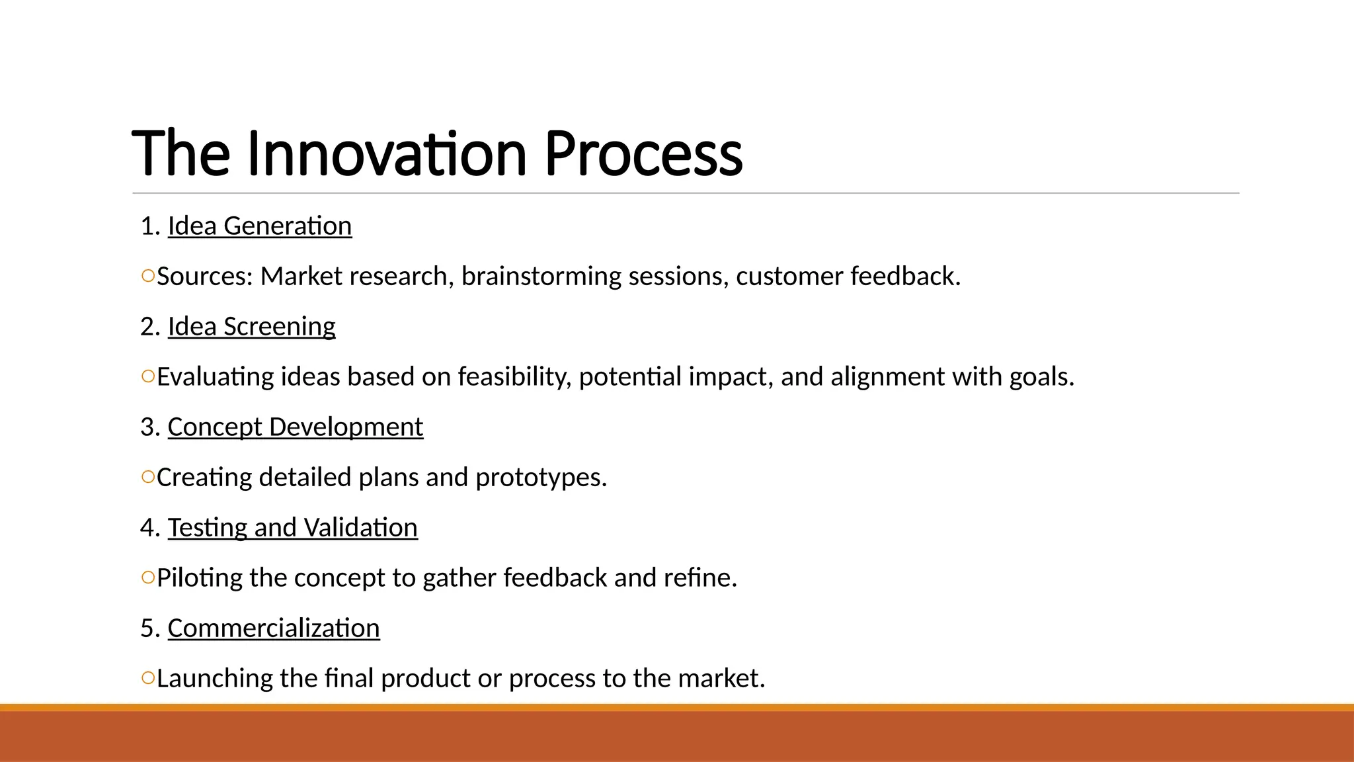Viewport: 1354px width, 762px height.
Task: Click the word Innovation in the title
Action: (x=387, y=154)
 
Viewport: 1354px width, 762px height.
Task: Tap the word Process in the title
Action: (x=643, y=154)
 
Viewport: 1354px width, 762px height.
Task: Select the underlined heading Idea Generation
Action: (x=259, y=226)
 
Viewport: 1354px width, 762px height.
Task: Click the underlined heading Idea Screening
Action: (x=251, y=327)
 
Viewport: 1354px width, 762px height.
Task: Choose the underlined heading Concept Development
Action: (x=295, y=427)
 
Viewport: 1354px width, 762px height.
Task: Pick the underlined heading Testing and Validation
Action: (x=292, y=528)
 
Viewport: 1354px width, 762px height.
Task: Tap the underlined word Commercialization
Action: (x=274, y=628)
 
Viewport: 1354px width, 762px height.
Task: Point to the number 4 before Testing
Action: (x=147, y=528)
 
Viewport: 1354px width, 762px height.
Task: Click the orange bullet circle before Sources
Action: (x=148, y=276)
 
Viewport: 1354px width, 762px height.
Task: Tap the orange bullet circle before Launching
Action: (x=148, y=677)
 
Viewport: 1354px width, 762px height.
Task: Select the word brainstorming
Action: (x=541, y=276)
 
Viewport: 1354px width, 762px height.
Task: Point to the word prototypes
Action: (x=540, y=478)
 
